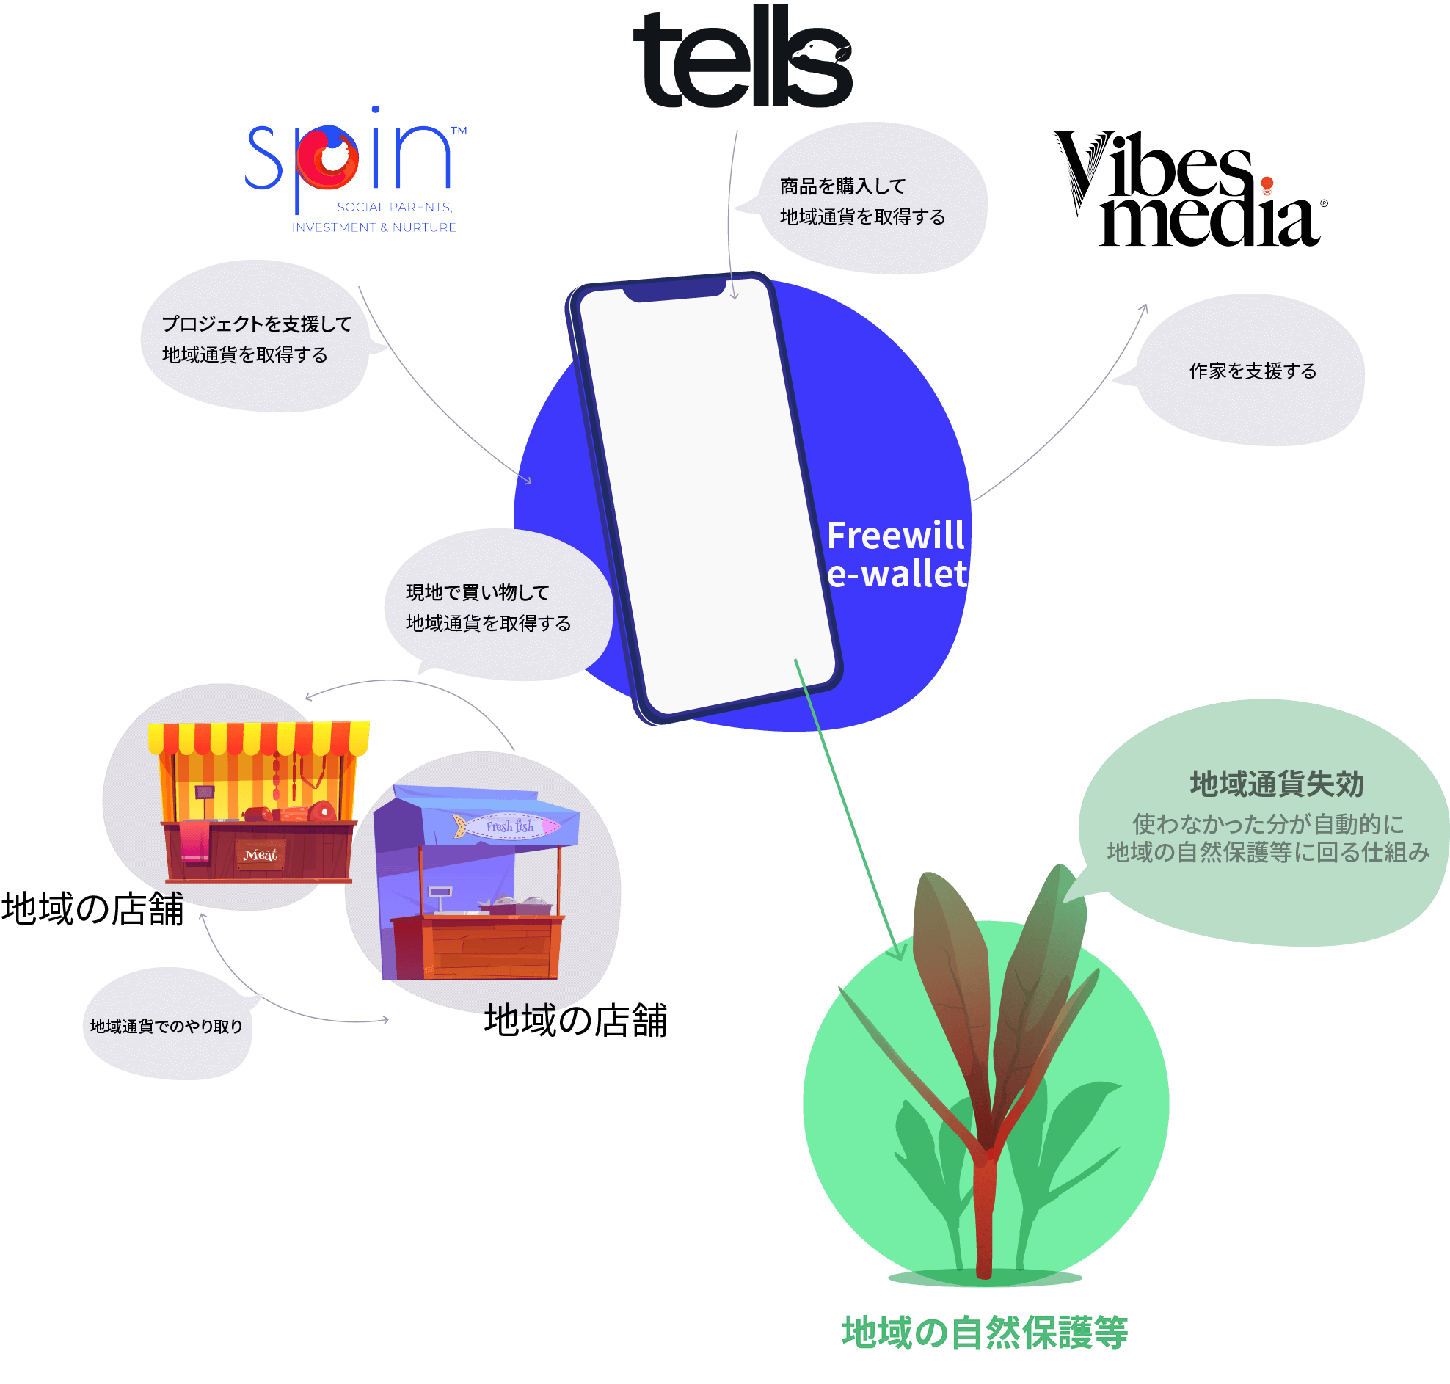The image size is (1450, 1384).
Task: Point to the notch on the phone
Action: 675,288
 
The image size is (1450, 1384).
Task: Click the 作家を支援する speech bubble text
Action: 1253,371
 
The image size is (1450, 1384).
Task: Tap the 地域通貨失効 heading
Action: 1276,784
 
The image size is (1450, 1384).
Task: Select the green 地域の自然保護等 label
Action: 984,1332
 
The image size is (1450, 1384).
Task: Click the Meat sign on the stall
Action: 261,855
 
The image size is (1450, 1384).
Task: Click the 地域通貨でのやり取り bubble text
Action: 167,1026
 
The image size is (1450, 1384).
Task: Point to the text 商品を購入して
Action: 842,186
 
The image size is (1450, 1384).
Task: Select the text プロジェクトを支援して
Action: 257,324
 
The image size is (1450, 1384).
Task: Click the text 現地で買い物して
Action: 477,592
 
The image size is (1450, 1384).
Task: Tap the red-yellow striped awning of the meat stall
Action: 258,737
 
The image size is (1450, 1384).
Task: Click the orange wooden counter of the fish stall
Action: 476,948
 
